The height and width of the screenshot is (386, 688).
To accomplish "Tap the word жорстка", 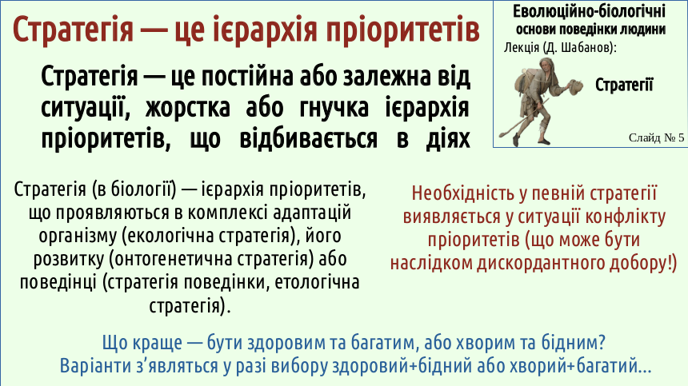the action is (188, 108).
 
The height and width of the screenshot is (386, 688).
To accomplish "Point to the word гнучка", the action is (334, 108).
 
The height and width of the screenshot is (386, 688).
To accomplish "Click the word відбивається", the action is (309, 138).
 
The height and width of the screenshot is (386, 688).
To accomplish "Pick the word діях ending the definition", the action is (447, 139).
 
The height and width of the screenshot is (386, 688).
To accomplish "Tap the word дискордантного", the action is (540, 263).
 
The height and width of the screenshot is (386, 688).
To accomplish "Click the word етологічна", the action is (317, 282).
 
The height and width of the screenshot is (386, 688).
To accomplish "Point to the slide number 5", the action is (681, 137).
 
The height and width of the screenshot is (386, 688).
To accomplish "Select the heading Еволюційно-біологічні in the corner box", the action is (590, 11).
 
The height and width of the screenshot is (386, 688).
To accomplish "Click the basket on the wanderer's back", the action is (526, 81).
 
